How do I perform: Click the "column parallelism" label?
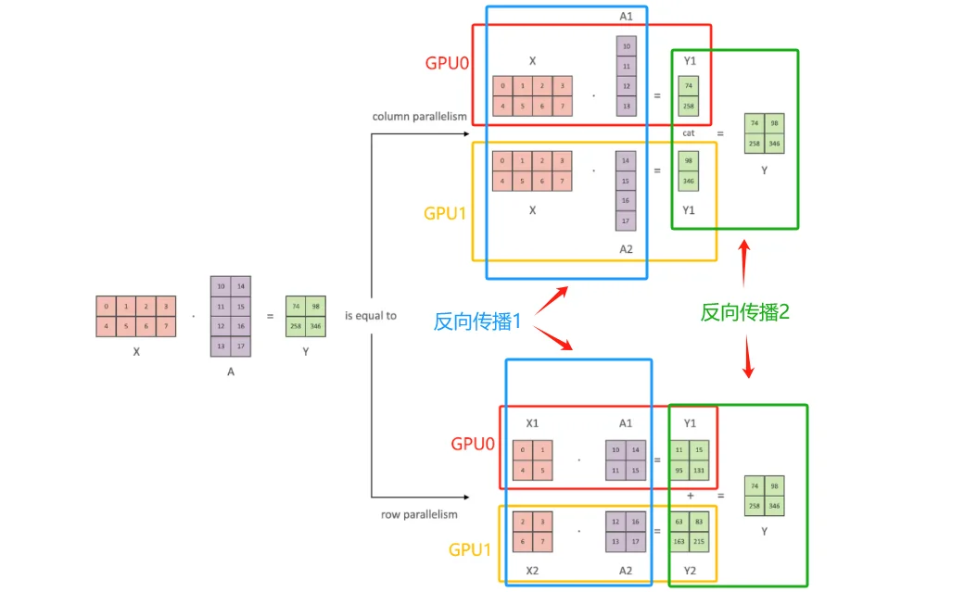coord(420,117)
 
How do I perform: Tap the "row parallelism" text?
coord(419,514)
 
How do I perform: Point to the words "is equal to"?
coord(371,316)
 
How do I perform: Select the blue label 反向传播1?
coord(478,321)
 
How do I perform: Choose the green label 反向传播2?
coord(745,312)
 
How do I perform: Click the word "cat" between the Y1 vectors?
coord(688,133)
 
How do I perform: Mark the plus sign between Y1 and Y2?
coord(690,496)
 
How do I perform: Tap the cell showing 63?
coord(679,522)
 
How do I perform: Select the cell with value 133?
coord(699,469)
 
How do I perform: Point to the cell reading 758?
coord(755,506)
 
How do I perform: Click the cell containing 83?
coord(699,522)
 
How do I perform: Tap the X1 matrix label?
coord(532,423)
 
